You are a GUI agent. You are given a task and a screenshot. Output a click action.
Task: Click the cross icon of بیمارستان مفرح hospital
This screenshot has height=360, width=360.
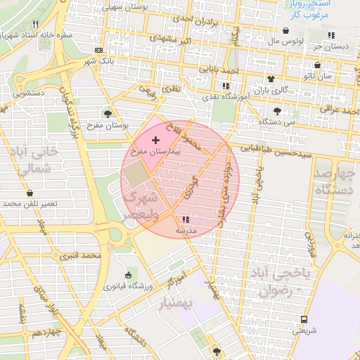click(155, 141)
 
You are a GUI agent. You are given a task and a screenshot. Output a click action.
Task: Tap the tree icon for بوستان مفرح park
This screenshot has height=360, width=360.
click(108, 113)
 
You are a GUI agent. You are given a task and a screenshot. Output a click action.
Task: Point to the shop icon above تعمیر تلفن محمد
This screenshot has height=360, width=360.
click(30, 193)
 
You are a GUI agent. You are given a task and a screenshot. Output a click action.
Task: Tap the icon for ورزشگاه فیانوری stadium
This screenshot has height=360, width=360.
click(127, 275)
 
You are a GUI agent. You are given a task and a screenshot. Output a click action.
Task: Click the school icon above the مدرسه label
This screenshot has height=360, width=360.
click(186, 220)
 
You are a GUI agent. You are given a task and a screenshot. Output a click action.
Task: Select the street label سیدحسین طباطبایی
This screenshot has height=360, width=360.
click(275, 149)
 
